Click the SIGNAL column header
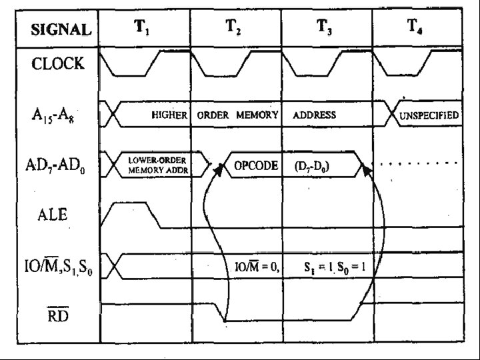click(x=61, y=29)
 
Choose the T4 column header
click(x=415, y=28)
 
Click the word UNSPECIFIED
click(x=429, y=115)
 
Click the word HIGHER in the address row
click(x=169, y=115)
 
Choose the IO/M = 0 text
click(x=257, y=267)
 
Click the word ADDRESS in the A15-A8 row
click(x=314, y=115)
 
